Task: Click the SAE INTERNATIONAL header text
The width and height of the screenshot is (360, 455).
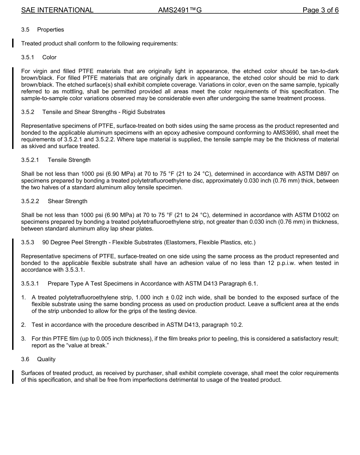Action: [57, 10]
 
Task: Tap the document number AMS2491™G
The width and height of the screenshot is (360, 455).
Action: [180, 10]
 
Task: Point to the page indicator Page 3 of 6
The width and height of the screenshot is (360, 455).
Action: [320, 10]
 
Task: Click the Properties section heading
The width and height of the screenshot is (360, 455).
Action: [50, 30]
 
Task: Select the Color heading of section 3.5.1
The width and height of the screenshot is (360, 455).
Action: [49, 57]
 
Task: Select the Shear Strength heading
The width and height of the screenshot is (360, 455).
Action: [67, 201]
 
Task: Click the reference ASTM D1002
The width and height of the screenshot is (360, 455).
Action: [317, 215]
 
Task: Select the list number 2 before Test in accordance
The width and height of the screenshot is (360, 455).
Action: [23, 325]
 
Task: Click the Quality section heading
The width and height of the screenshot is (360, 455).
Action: [46, 359]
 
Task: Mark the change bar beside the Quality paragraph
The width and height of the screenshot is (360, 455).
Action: [13, 377]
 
